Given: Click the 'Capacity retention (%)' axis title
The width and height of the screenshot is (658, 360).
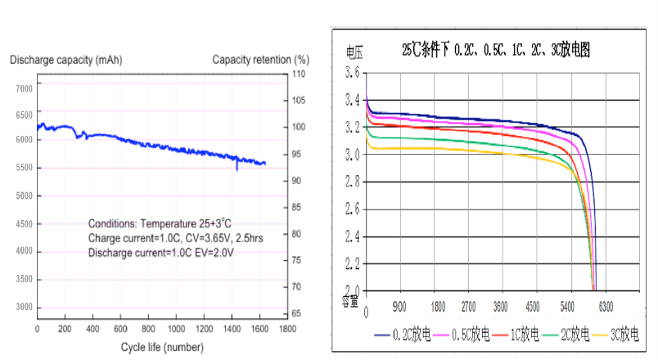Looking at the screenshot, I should click(x=260, y=60).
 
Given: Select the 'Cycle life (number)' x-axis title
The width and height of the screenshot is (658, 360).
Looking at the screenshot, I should click(x=163, y=347).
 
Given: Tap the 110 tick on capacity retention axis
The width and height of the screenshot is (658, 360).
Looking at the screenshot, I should click(x=299, y=74).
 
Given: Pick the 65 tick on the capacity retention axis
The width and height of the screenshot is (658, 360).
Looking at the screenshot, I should click(x=299, y=313).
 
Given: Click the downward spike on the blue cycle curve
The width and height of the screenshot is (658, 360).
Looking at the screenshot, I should click(x=237, y=166).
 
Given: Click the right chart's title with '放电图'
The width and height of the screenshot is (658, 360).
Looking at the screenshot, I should click(x=496, y=50).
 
